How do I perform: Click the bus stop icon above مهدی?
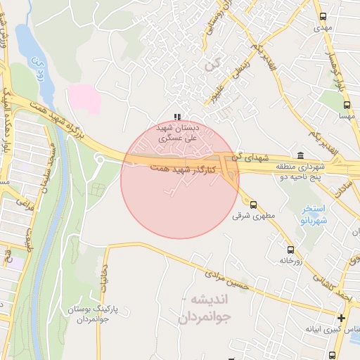(x=323, y=16)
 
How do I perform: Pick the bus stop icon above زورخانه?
(x=290, y=250)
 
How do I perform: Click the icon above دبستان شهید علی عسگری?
(x=177, y=117)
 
